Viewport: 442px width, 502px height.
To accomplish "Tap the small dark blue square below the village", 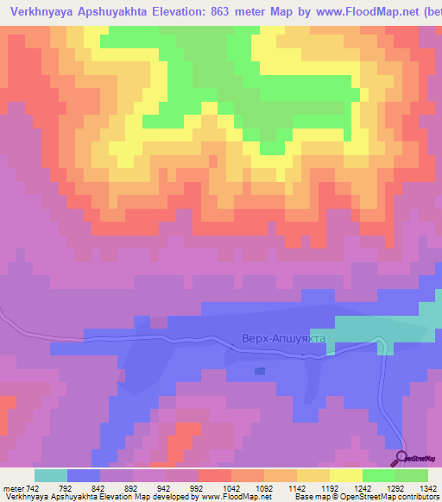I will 261,371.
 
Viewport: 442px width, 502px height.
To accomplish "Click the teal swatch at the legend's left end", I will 51,475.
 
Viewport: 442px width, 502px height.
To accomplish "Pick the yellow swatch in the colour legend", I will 345,475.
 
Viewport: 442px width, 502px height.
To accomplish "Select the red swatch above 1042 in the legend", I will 214,475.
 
